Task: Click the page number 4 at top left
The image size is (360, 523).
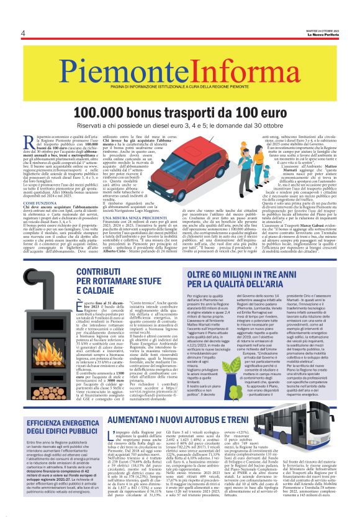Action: coord(22,33)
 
